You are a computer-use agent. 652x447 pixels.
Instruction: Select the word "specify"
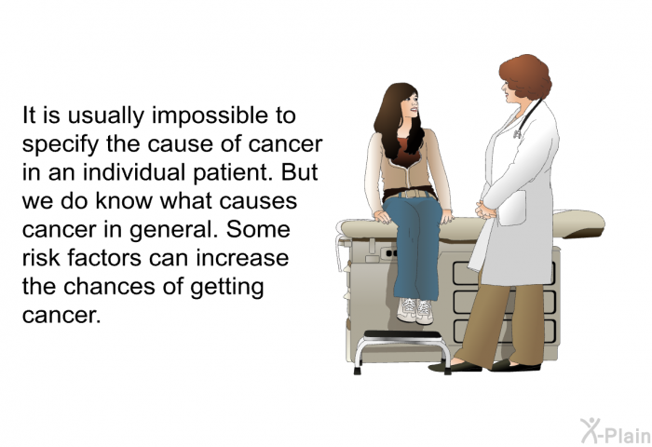tap(61, 144)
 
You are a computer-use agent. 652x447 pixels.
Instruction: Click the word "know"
tap(124, 200)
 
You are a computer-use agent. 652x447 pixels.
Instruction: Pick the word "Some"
tap(258, 229)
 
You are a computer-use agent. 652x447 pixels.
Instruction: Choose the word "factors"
tap(104, 257)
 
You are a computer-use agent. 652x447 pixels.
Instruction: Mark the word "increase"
tap(242, 257)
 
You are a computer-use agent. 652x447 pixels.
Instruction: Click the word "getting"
tap(227, 288)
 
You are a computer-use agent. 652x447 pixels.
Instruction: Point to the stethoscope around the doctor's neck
tap(527, 118)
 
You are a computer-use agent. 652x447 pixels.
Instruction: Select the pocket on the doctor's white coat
tap(512, 209)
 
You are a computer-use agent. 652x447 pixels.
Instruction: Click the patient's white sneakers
tap(415, 310)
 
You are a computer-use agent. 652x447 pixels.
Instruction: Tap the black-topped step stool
tap(402, 350)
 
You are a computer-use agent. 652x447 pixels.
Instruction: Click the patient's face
tap(411, 106)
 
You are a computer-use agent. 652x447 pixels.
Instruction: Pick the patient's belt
tap(411, 194)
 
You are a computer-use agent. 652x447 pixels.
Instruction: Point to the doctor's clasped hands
tap(485, 210)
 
